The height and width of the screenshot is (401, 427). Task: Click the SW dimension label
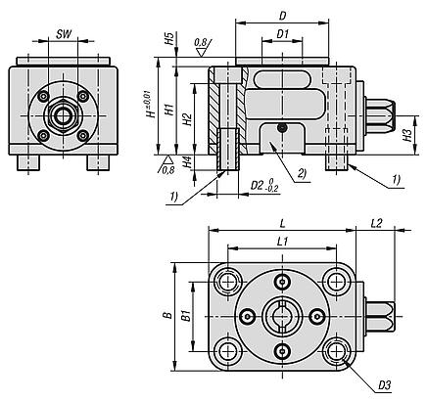pyautogui.click(x=64, y=34)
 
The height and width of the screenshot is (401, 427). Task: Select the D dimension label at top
pyautogui.click(x=283, y=16)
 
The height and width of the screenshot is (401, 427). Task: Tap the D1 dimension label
pyautogui.click(x=283, y=33)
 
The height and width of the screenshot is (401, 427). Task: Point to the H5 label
pyautogui.click(x=168, y=39)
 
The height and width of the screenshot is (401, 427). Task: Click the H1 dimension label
pyautogui.click(x=168, y=110)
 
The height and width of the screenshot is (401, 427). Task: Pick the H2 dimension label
pyautogui.click(x=187, y=119)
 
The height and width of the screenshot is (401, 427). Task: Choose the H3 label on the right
pyautogui.click(x=407, y=135)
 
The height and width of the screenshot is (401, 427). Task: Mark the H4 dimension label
pyautogui.click(x=186, y=162)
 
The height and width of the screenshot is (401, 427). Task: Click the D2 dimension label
pyautogui.click(x=257, y=186)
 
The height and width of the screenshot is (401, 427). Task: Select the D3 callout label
pyautogui.click(x=385, y=385)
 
